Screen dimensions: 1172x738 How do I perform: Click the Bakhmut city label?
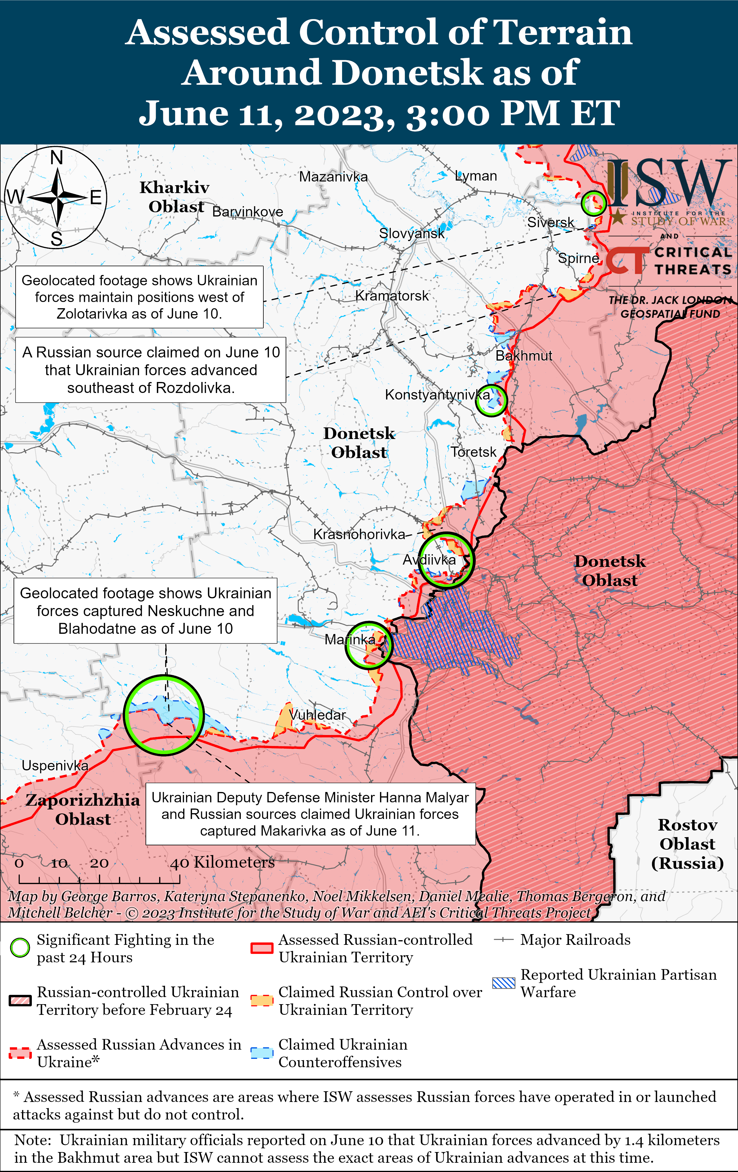[x=524, y=356]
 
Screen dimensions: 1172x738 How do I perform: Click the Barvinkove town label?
[x=248, y=212]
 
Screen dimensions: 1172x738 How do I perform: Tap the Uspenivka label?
[x=55, y=766]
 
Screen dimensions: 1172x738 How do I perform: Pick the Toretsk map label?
[x=473, y=452]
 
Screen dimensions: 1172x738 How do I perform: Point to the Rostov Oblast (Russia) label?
[x=687, y=844]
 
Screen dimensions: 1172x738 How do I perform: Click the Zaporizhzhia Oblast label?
[x=83, y=809]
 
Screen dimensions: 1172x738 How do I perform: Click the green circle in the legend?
[x=20, y=948]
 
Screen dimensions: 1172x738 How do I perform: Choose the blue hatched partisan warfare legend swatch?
[x=503, y=983]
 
